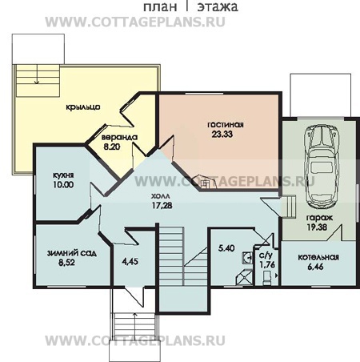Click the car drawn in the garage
click(x=322, y=167)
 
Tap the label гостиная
click(x=226, y=125)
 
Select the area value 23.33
click(x=222, y=134)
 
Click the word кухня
click(x=63, y=175)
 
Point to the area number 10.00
click(x=63, y=184)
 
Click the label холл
click(x=160, y=196)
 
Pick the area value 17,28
click(x=162, y=205)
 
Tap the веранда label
click(x=119, y=138)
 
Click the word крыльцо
click(x=83, y=107)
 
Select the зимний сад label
click(x=72, y=253)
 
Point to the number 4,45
click(x=130, y=261)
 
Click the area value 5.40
click(x=226, y=248)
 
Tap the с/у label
click(x=266, y=255)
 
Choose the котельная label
click(x=318, y=257)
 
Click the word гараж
click(x=319, y=218)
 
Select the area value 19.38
click(x=317, y=227)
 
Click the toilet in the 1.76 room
click(x=267, y=278)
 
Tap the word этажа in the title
click(x=218, y=7)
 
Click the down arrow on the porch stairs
click(x=37, y=75)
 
